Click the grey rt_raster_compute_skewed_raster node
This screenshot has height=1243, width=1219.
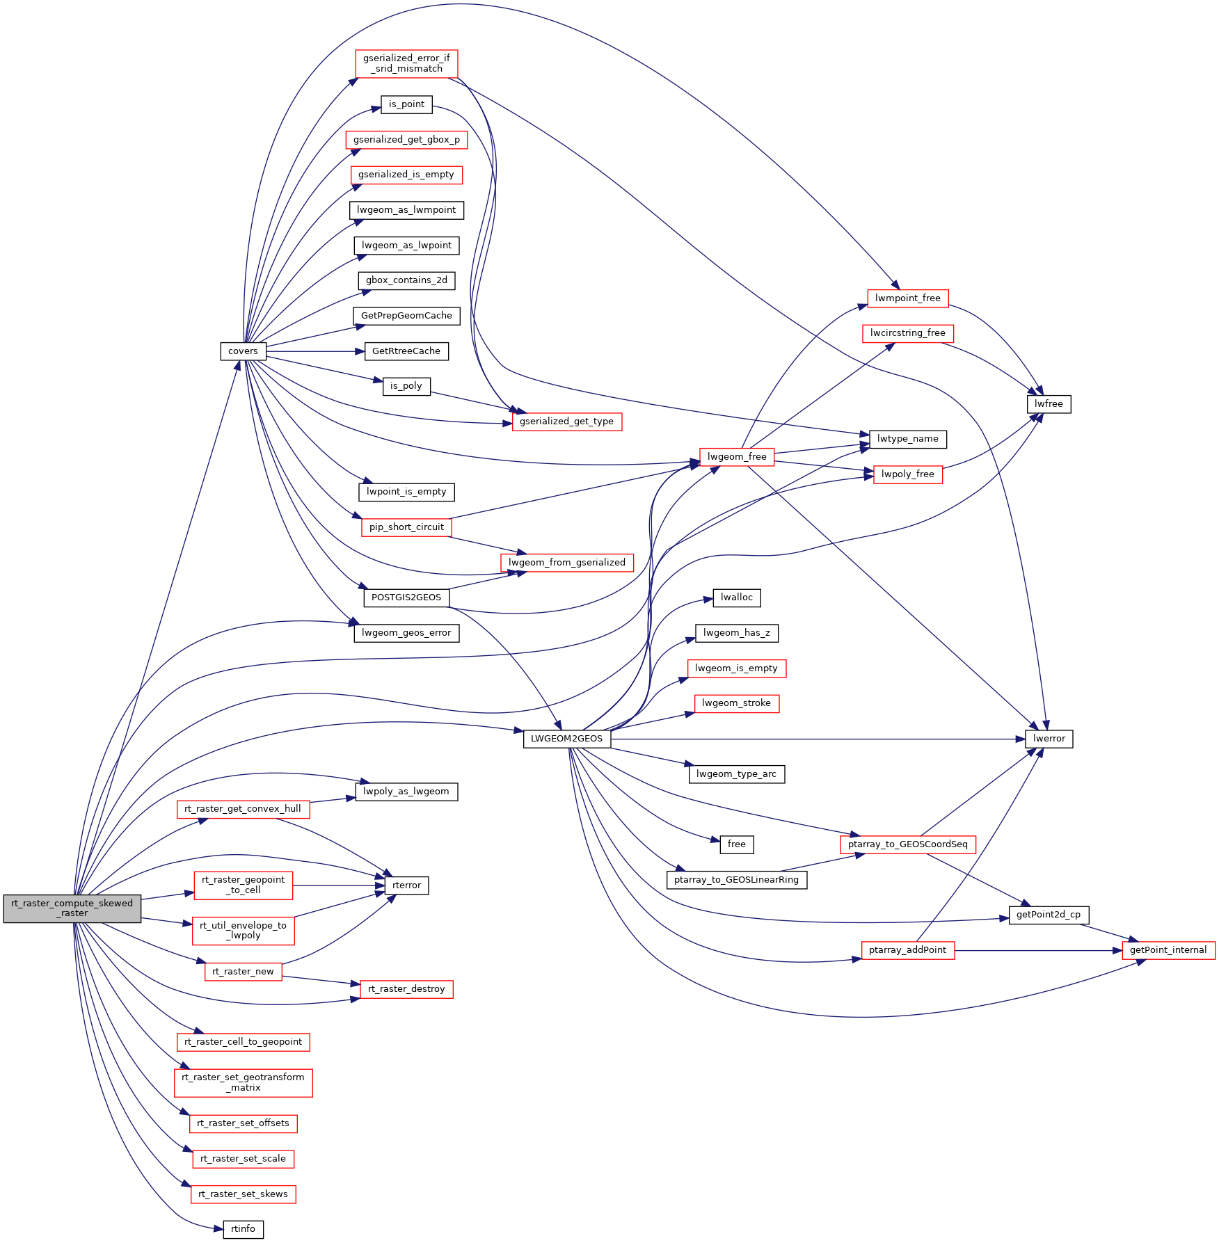pyautogui.click(x=72, y=908)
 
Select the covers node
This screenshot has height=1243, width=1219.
pyautogui.click(x=243, y=351)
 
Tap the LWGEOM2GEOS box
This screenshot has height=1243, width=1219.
pyautogui.click(x=566, y=739)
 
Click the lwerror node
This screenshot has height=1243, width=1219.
pyautogui.click(x=1049, y=739)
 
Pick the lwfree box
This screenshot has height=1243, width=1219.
pyautogui.click(x=1049, y=404)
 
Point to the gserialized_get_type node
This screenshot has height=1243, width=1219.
pyautogui.click(x=566, y=422)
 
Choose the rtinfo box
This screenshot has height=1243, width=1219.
pyautogui.click(x=243, y=1229)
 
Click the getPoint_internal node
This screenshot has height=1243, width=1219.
pyautogui.click(x=1168, y=950)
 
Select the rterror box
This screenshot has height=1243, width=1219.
pyautogui.click(x=406, y=885)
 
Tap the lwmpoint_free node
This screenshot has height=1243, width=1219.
pyautogui.click(x=908, y=298)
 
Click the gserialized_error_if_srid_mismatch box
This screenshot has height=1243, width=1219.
pyautogui.click(x=406, y=63)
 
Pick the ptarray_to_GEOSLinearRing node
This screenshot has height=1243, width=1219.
pyautogui.click(x=736, y=880)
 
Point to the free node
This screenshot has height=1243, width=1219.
pyautogui.click(x=736, y=844)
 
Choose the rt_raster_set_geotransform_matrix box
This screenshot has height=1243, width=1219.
pyautogui.click(x=243, y=1082)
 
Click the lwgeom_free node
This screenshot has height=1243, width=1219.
pyautogui.click(x=737, y=457)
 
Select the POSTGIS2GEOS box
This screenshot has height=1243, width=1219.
pyautogui.click(x=406, y=598)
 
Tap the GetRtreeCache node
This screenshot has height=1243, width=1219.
pyautogui.click(x=406, y=351)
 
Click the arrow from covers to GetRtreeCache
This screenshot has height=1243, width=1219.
pyautogui.click(x=315, y=351)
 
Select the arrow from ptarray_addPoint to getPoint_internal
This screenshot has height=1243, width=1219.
pyautogui.click(x=1038, y=950)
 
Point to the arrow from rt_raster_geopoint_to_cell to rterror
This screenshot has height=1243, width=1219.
pyautogui.click(x=339, y=885)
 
